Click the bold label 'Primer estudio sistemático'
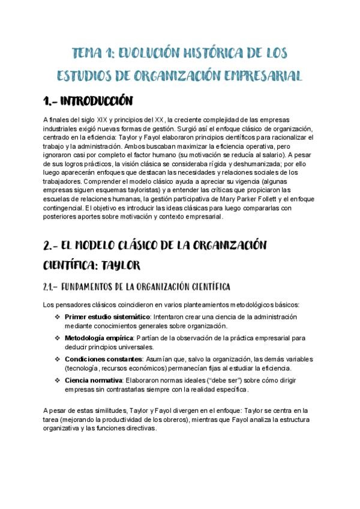(x=107, y=316)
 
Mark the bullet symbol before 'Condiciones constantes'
(x=57, y=359)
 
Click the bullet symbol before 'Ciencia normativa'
(x=57, y=381)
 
